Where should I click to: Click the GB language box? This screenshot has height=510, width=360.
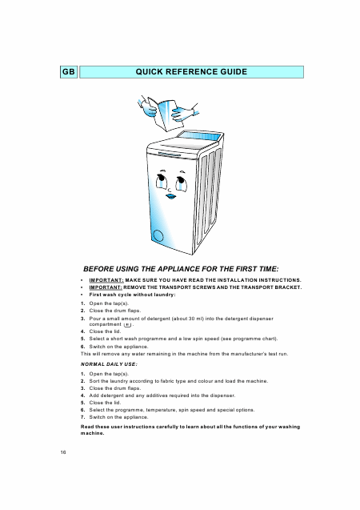[69, 72]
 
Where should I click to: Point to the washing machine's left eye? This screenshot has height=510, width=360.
[161, 182]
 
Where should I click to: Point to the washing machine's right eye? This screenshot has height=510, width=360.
[181, 183]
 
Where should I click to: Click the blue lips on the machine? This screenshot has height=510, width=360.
[170, 196]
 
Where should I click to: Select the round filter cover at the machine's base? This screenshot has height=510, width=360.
[158, 235]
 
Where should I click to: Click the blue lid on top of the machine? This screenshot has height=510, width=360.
[199, 135]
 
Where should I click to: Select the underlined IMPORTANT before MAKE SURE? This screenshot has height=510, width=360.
[106, 280]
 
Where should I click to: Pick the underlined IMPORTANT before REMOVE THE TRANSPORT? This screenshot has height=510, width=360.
[106, 287]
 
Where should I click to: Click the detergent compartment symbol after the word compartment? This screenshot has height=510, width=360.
[128, 324]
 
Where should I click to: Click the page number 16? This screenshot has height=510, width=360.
[63, 452]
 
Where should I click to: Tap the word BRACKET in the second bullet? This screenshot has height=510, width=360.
[287, 287]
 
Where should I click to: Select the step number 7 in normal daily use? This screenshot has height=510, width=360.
[82, 417]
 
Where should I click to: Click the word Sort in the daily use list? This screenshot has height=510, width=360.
[94, 381]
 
